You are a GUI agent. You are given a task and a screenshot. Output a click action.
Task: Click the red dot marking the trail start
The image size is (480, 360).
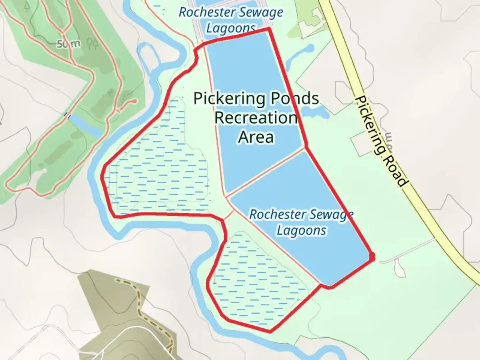point(372,256)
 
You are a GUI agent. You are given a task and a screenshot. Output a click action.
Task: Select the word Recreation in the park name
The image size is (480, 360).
point(256,118)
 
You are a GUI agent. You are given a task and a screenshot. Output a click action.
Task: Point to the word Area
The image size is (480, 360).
point(256,137)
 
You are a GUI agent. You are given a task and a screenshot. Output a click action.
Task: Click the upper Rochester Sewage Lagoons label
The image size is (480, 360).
point(231,20)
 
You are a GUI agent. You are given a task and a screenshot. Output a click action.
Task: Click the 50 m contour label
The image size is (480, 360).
point(68,44)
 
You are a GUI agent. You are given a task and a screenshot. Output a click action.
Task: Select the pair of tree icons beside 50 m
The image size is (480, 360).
point(92,43)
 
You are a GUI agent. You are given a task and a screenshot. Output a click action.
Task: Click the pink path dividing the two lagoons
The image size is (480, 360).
point(265,172)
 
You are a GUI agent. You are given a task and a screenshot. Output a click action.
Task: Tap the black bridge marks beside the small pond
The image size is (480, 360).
point(68,115)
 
